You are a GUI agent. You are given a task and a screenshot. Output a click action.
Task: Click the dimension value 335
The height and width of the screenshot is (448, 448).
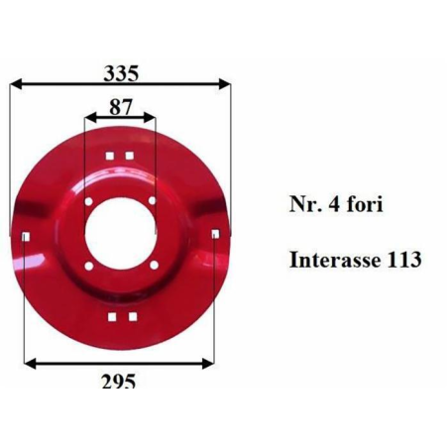point(121,73)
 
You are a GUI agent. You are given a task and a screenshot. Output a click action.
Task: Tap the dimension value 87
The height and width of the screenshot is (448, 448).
point(121,107)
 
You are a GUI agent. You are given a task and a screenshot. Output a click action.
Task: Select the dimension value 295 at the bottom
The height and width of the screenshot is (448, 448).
point(119,381)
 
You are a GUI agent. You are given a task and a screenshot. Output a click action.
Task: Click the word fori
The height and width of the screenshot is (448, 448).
point(365,204)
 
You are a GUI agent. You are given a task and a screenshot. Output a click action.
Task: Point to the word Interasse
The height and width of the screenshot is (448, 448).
point(331,260)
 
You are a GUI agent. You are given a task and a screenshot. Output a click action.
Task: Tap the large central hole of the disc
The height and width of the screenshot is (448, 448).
point(120,233)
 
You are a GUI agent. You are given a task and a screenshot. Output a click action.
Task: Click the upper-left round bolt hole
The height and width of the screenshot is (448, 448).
point(88,201)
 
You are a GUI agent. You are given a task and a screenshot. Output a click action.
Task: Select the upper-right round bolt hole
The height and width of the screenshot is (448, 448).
point(152,200)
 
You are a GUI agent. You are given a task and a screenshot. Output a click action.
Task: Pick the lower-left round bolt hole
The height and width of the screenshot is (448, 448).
point(88,266)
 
